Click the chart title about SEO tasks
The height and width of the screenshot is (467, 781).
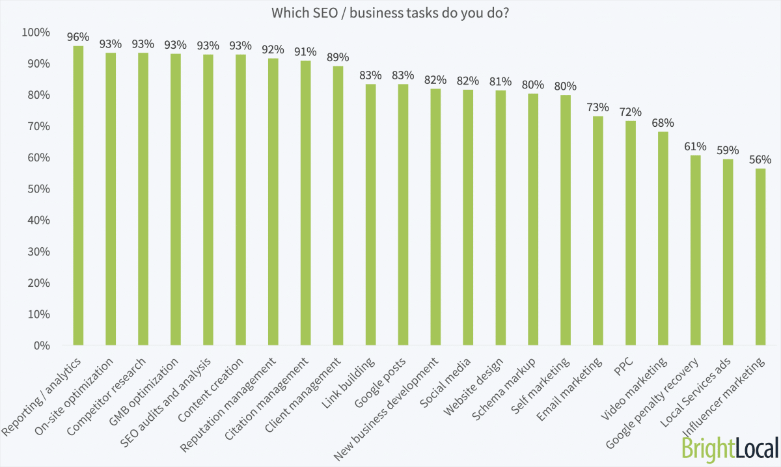point(390,14)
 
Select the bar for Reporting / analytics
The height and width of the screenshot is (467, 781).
point(78,195)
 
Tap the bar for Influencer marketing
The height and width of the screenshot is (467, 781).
point(760,257)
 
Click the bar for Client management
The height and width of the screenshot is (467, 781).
point(338,206)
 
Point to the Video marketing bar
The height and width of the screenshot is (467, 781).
point(663,238)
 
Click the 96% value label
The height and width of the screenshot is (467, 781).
point(78,36)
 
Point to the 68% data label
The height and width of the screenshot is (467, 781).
point(663,122)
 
